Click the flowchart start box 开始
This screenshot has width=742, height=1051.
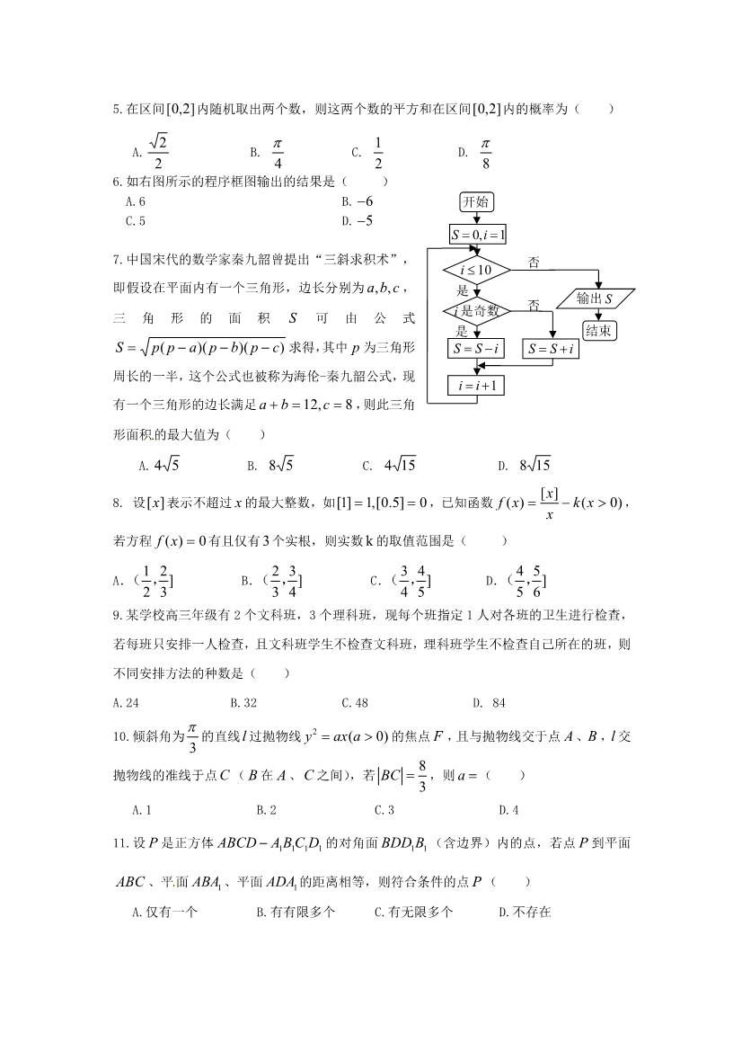coord(475,201)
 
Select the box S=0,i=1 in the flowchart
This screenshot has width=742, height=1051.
coord(478,236)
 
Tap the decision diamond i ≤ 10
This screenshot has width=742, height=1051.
coord(475,270)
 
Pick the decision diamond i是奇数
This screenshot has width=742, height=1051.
coord(475,311)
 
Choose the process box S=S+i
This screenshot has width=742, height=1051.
coord(552,349)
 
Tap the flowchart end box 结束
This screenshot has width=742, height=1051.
coord(599,330)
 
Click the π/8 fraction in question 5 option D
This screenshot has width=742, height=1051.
coord(486,152)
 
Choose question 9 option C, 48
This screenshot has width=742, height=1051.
coord(356,703)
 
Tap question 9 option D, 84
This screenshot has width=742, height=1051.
coord(493,703)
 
